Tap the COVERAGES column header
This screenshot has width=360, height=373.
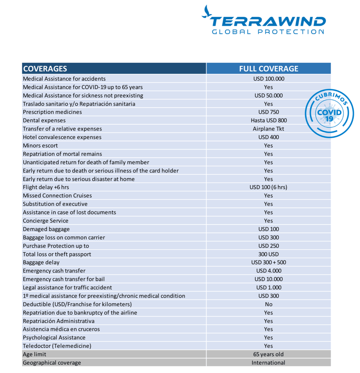pyautogui.click(x=45, y=69)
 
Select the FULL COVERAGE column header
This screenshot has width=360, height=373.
pyautogui.click(x=269, y=69)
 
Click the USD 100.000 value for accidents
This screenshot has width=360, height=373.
pyautogui.click(x=269, y=79)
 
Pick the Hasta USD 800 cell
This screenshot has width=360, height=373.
pyautogui.click(x=269, y=120)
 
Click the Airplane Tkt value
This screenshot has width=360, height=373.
pyautogui.click(x=269, y=129)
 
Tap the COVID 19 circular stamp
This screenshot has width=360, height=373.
pyautogui.click(x=329, y=114)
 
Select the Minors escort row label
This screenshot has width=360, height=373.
pyautogui.click(x=40, y=146)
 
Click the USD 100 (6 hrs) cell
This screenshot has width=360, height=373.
pyautogui.click(x=269, y=187)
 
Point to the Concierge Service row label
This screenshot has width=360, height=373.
pyautogui.click(x=46, y=221)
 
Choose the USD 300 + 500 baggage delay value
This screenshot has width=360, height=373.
pyautogui.click(x=269, y=263)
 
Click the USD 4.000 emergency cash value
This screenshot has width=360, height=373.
pyautogui.click(x=269, y=271)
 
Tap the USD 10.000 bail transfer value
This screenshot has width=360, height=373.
pyautogui.click(x=269, y=279)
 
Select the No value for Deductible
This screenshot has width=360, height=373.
pyautogui.click(x=269, y=305)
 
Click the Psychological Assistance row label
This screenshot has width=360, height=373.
pyautogui.click(x=54, y=338)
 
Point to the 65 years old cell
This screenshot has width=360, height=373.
pyautogui.click(x=269, y=354)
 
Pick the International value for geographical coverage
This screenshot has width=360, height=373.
pyautogui.click(x=269, y=363)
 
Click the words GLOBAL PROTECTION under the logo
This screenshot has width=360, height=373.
pyautogui.click(x=268, y=32)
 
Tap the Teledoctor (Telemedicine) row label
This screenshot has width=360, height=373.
pyautogui.click(x=57, y=346)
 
